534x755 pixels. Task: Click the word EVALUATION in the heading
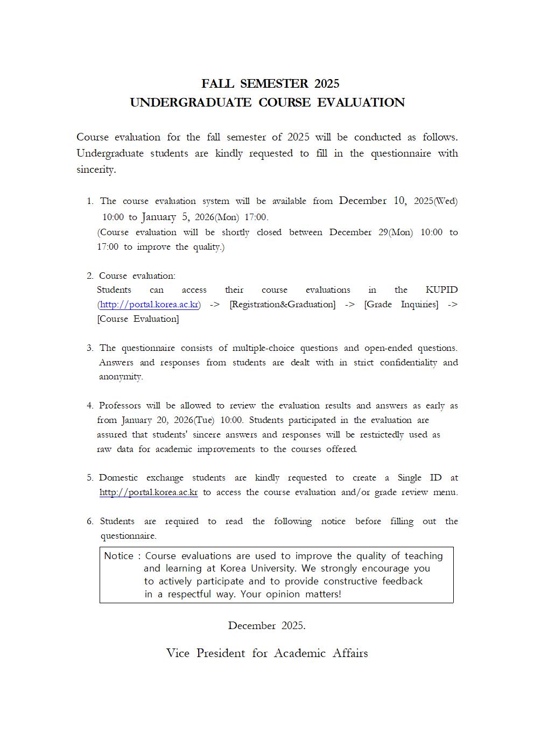361,103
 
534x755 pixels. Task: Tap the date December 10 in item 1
373,201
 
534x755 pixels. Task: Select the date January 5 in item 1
166,217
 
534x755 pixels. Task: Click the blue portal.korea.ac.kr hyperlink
149,305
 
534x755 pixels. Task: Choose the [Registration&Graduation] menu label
282,305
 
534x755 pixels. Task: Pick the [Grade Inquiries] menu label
401,305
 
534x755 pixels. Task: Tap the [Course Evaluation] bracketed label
138,319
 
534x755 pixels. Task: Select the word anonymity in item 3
121,377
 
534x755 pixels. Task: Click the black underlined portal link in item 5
149,492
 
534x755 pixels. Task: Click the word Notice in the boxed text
118,556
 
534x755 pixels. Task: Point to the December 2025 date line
266,626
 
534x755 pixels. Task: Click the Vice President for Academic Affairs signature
267,653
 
